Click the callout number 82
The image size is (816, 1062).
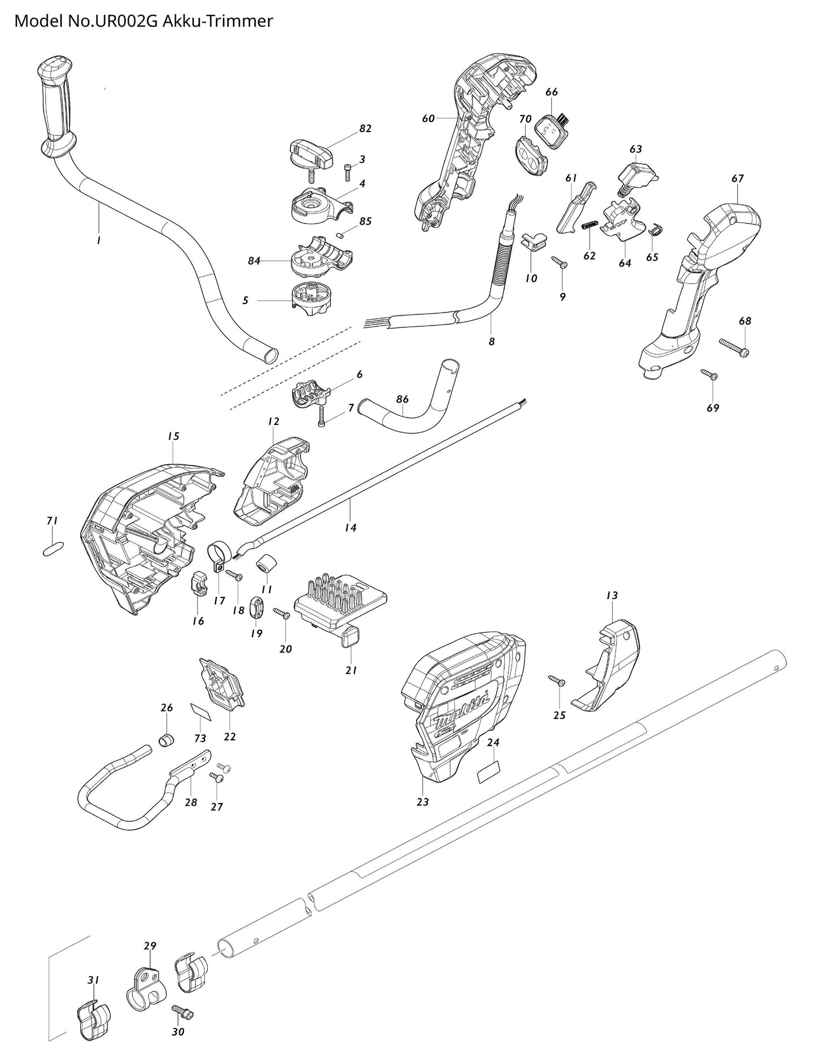click(365, 129)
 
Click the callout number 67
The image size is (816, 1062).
click(738, 178)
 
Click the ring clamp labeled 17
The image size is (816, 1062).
click(217, 554)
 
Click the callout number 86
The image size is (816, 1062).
click(402, 400)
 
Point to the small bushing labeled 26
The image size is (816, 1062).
click(165, 739)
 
